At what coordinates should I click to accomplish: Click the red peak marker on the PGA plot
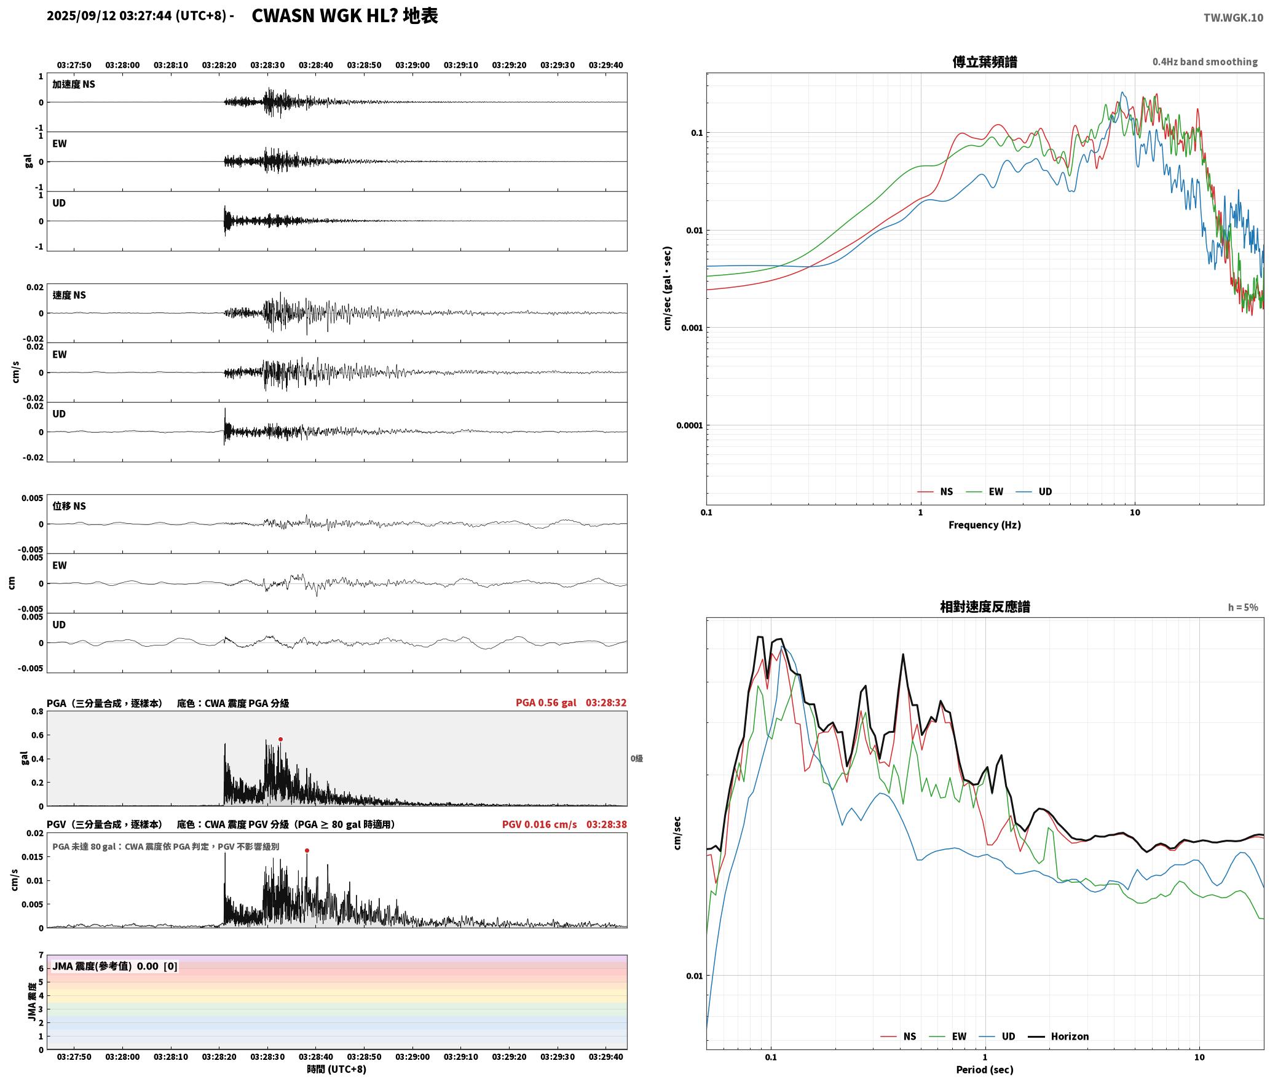click(280, 739)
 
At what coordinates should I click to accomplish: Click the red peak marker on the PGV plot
click(307, 851)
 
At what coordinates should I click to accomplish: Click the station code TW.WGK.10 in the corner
click(1233, 18)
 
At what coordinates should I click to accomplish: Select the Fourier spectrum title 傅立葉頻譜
click(984, 62)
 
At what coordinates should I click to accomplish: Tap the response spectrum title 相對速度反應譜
click(984, 607)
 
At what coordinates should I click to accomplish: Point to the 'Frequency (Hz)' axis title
click(984, 525)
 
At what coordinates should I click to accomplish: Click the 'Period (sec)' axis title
click(984, 1070)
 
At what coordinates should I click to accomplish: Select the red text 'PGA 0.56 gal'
click(546, 703)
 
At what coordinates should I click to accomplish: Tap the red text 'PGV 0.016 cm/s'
click(539, 824)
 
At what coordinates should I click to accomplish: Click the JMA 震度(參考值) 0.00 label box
click(115, 966)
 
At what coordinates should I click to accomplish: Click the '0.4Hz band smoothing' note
click(1205, 62)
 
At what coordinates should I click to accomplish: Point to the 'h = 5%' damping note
click(1243, 607)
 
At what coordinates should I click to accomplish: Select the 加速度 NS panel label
click(74, 84)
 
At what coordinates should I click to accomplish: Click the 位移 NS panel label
click(69, 506)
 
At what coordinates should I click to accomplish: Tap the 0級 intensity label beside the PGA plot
click(636, 759)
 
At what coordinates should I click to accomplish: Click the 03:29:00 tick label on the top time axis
click(412, 65)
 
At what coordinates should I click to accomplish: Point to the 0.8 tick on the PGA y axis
click(37, 712)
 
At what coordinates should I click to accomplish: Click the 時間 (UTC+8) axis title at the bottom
click(337, 1069)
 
